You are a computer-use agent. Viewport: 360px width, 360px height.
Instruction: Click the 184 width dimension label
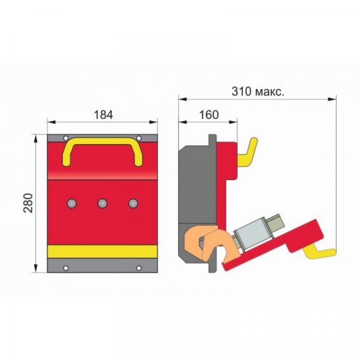pyautogui.click(x=103, y=115)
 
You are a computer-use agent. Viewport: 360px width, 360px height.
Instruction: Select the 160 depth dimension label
pyautogui.click(x=209, y=115)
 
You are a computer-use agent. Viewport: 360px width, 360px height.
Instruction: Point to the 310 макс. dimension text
pyautogui.click(x=258, y=91)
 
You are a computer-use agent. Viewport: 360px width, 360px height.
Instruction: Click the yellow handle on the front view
pyautogui.click(x=103, y=140)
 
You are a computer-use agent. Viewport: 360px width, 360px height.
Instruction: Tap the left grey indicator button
pyautogui.click(x=71, y=203)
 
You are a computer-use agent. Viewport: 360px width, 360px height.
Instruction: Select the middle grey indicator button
pyautogui.click(x=103, y=203)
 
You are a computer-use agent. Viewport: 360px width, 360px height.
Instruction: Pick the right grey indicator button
pyautogui.click(x=133, y=203)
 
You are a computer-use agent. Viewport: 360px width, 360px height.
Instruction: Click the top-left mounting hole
pyautogui.click(x=66, y=138)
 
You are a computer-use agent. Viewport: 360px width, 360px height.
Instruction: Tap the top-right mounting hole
pyautogui.click(x=139, y=138)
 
